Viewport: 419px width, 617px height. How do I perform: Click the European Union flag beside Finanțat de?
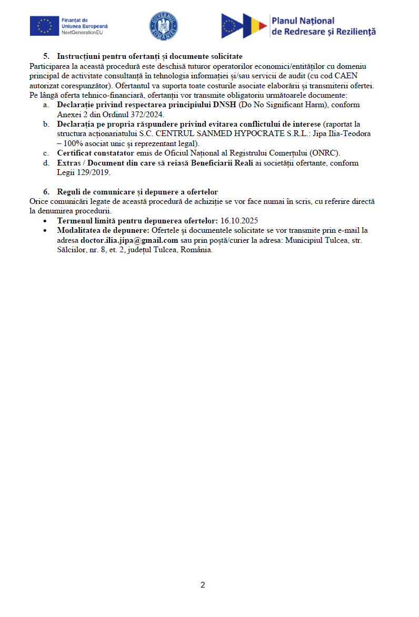point(44,26)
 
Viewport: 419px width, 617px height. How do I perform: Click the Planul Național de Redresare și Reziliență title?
point(323,26)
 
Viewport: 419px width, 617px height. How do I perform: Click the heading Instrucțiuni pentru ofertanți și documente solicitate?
point(149,56)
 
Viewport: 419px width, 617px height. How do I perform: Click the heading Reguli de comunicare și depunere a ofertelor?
point(137,192)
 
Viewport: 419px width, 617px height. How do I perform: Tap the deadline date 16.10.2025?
point(239,221)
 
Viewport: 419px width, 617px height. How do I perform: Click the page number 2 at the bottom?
point(203,585)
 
